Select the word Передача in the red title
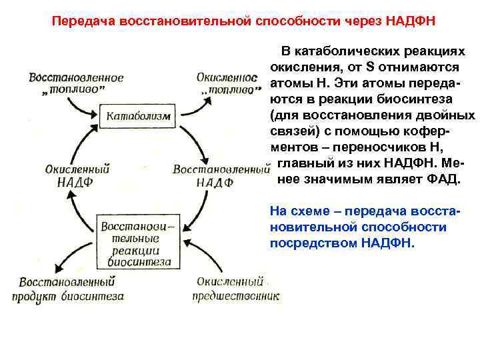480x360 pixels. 79,21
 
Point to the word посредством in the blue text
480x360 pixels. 313,243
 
